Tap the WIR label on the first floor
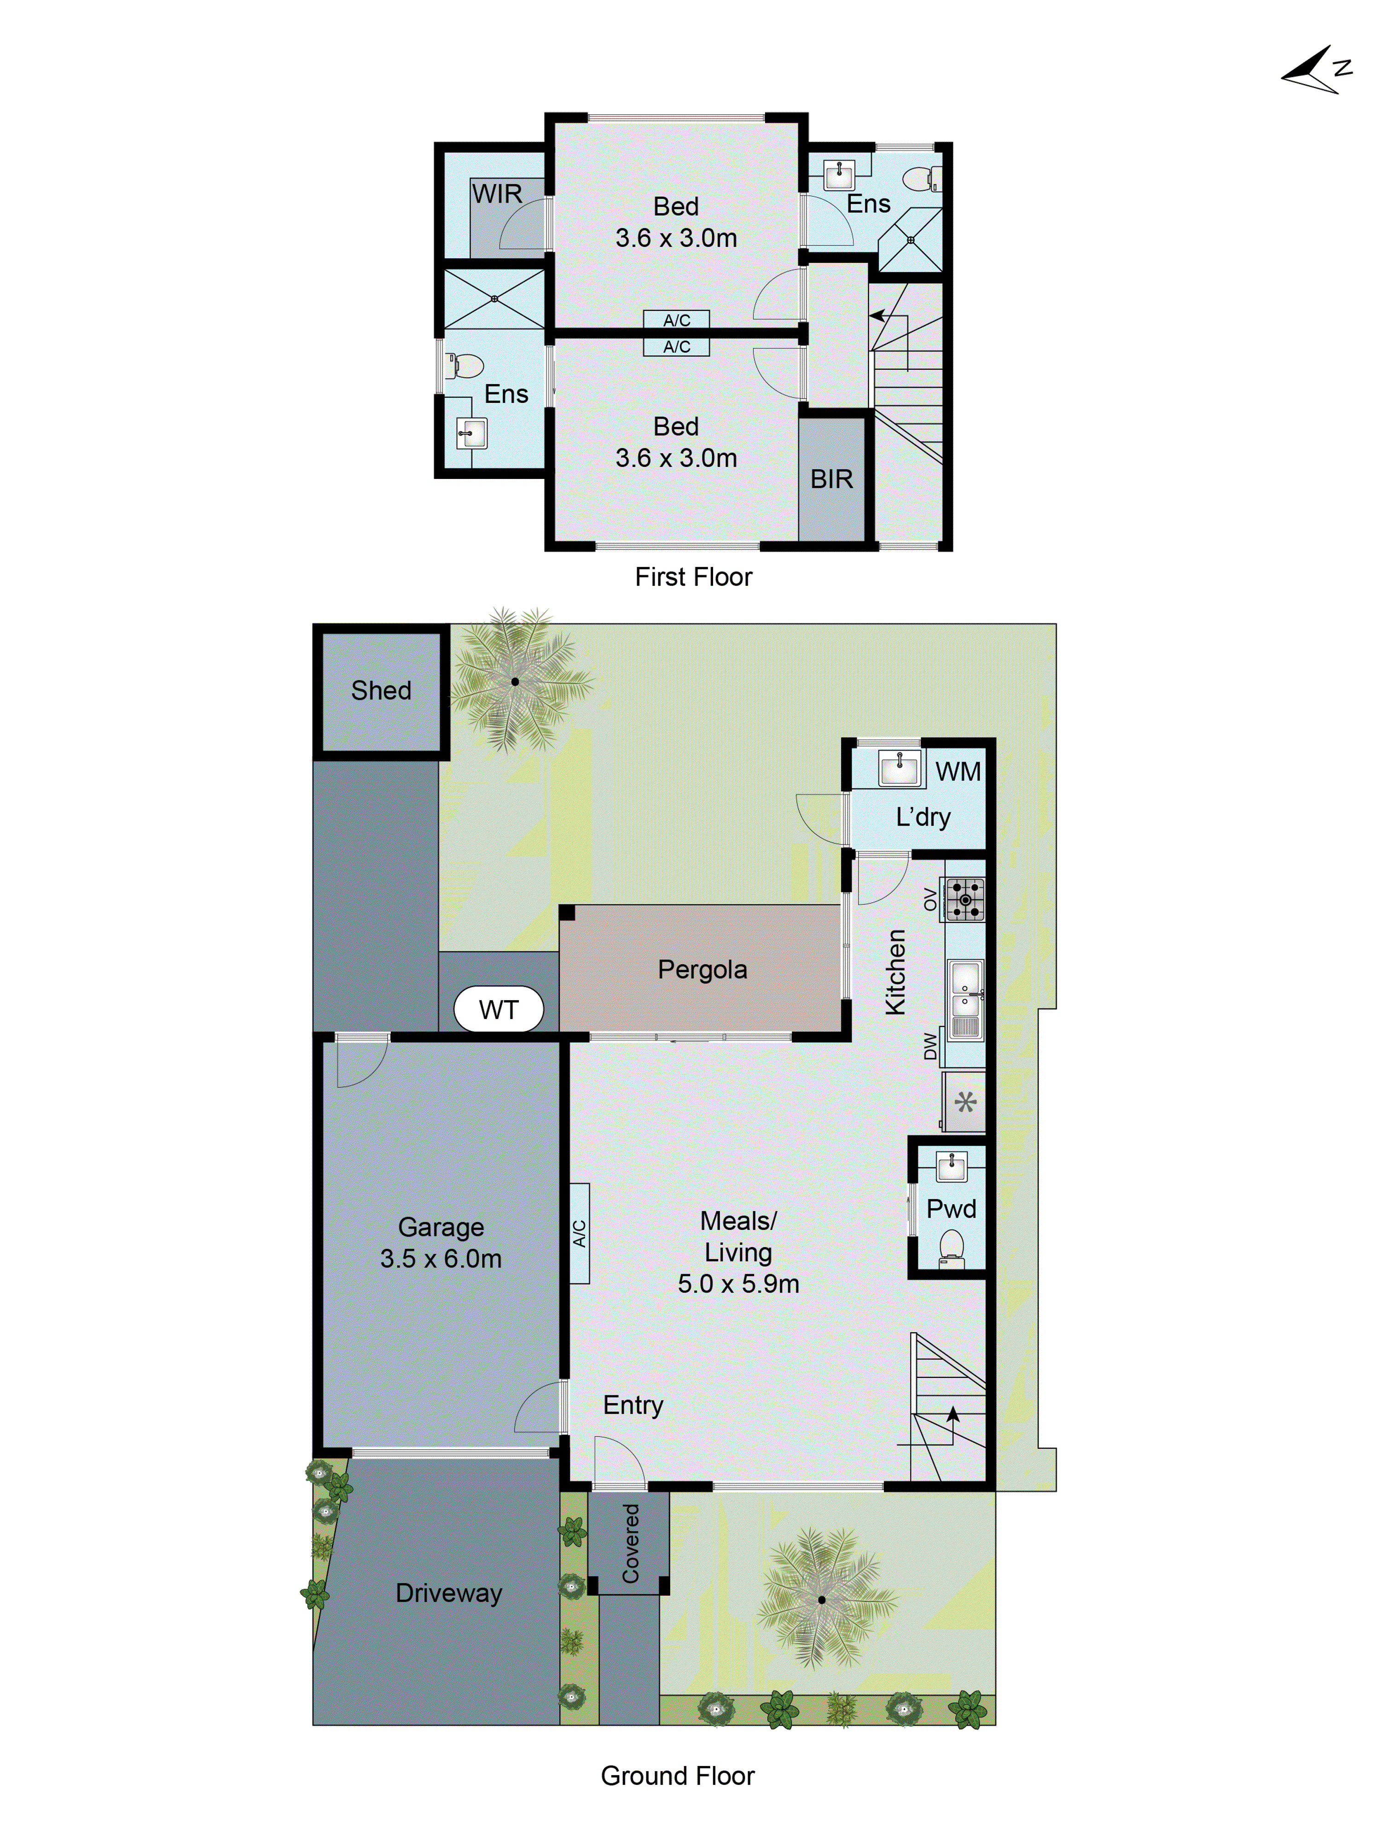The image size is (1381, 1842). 497,194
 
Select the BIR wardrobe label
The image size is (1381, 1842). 831,479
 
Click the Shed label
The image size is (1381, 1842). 380,690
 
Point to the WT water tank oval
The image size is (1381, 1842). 498,1009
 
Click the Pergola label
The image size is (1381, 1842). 702,969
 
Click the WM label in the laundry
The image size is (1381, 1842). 957,772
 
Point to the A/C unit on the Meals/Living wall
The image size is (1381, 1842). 580,1233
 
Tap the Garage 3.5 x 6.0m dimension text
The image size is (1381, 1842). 441,1258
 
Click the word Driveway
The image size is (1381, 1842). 449,1593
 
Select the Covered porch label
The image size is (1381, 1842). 630,1543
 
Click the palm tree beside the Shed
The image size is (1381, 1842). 515,681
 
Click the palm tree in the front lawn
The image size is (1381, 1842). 822,1599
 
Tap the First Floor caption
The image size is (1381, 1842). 693,577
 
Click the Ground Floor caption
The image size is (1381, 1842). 677,1775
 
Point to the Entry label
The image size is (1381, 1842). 632,1405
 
